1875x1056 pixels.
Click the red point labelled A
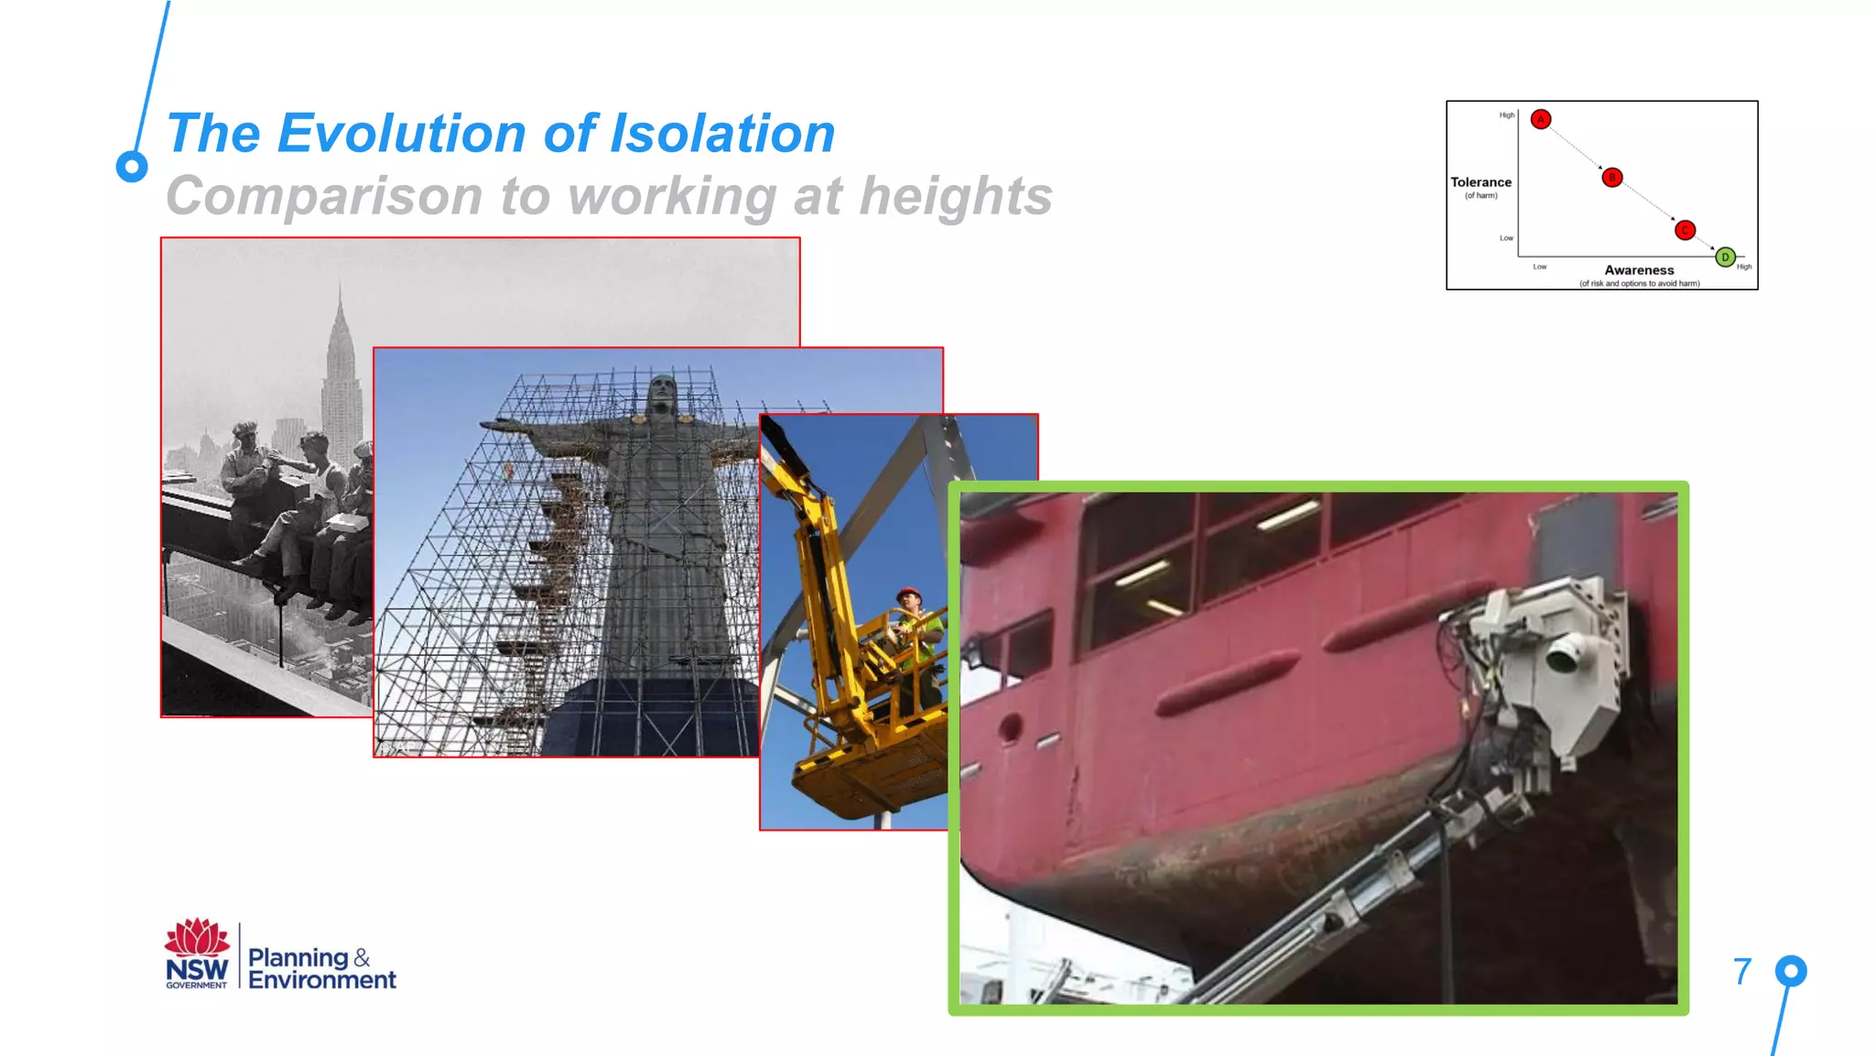[1541, 119]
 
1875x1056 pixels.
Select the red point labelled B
[1612, 178]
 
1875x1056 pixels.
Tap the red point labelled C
[1685, 230]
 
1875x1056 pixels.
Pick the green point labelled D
[1725, 257]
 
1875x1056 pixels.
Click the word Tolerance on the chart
[1480, 182]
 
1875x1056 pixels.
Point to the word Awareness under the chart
[1639, 270]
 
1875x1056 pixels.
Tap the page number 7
[1742, 972]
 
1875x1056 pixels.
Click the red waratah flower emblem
[196, 938]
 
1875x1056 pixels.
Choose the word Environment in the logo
[322, 980]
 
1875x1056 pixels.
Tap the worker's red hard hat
[908, 593]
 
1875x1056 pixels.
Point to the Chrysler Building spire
[340, 316]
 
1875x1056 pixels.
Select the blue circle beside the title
[132, 167]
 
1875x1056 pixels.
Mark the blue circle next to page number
[1791, 971]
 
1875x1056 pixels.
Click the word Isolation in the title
[722, 134]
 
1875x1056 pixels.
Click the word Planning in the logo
[298, 957]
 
